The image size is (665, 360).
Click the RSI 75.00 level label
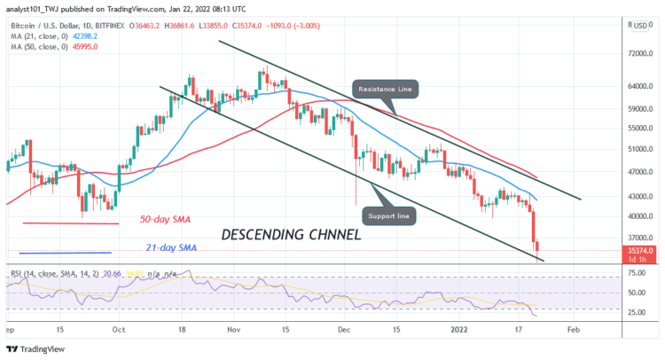click(636, 278)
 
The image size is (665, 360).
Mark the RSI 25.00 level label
click(636, 312)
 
